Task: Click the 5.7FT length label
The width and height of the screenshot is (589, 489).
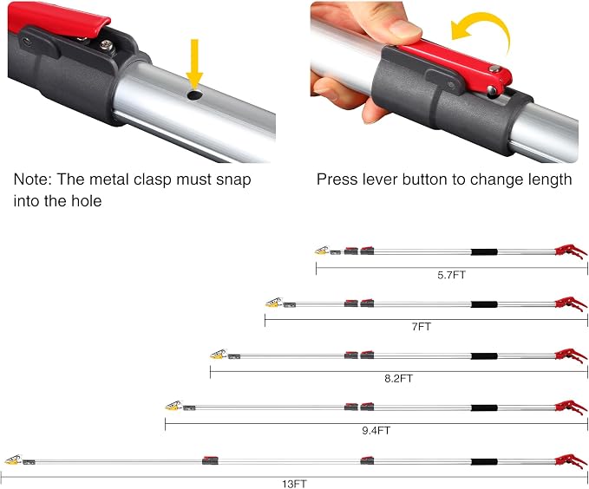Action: tap(452, 275)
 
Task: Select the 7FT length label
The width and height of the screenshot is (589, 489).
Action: tap(421, 327)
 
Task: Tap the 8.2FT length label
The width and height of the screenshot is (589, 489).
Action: tap(398, 378)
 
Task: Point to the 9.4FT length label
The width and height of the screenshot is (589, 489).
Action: tap(376, 430)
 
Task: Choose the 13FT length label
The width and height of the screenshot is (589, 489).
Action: tap(295, 484)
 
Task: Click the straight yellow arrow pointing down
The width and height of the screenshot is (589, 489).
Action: tap(194, 64)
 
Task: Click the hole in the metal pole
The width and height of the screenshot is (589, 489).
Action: tap(194, 95)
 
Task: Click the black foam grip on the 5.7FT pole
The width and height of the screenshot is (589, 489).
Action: tap(484, 252)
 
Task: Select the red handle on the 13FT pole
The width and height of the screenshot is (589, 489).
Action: tap(571, 461)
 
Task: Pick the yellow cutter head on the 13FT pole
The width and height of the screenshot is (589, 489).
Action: tap(13, 460)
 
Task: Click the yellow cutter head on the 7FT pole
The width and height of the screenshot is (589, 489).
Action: tap(274, 303)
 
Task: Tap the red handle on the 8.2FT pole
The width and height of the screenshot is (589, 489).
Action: tap(571, 355)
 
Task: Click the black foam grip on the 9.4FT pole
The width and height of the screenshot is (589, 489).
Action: tap(484, 407)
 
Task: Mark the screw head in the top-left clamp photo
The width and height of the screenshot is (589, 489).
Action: tap(106, 45)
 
